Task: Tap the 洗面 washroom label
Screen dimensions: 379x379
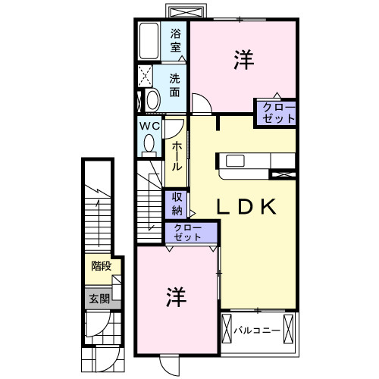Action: (x=175, y=85)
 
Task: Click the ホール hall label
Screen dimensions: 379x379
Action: (x=176, y=155)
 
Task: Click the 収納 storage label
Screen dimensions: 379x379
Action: (x=176, y=204)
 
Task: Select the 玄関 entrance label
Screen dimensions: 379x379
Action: (x=99, y=299)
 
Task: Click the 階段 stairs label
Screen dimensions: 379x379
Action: (x=101, y=267)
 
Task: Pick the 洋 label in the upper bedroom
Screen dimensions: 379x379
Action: (x=242, y=59)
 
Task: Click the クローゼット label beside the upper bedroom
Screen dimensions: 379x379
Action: (x=274, y=112)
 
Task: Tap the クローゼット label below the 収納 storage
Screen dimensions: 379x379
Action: (x=187, y=233)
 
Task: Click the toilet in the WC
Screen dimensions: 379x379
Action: (x=149, y=143)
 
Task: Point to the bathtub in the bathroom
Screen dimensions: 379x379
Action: (x=148, y=42)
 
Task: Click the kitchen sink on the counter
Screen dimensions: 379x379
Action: (x=234, y=161)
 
